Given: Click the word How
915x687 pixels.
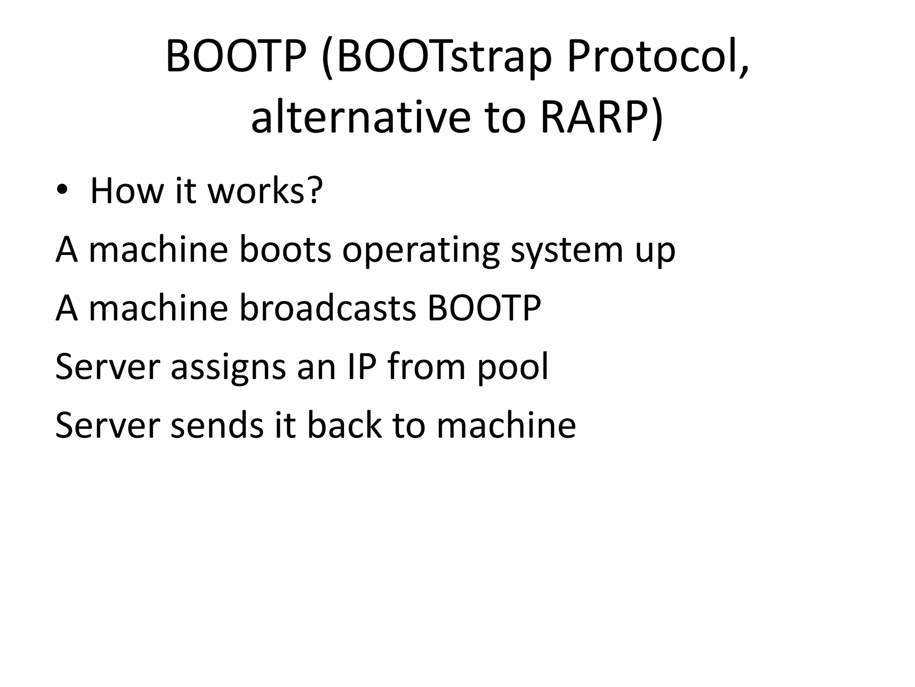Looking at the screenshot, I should pyautogui.click(x=127, y=191).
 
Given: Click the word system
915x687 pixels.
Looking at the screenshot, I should pyautogui.click(x=566, y=250).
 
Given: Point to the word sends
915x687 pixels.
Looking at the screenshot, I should pyautogui.click(x=218, y=425).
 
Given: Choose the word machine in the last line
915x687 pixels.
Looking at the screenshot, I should pyautogui.click(x=506, y=425).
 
